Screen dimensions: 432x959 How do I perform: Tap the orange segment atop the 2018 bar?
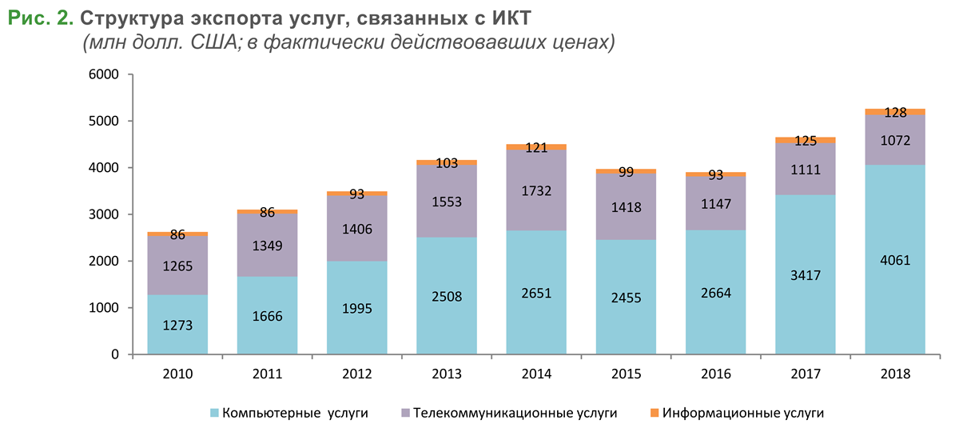point(894,111)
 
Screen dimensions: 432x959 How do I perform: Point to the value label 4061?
point(894,260)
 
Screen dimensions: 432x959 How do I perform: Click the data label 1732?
point(535,191)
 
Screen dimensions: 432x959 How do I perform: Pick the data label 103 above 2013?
point(447,163)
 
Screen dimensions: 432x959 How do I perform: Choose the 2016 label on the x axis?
point(715,373)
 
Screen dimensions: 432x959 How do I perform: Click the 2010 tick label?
point(177,373)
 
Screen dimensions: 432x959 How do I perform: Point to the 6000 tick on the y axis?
point(102,75)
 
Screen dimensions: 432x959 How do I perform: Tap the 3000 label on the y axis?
point(102,214)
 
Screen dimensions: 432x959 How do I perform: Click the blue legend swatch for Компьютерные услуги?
point(214,413)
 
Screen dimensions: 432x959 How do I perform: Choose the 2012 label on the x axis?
point(356,373)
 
